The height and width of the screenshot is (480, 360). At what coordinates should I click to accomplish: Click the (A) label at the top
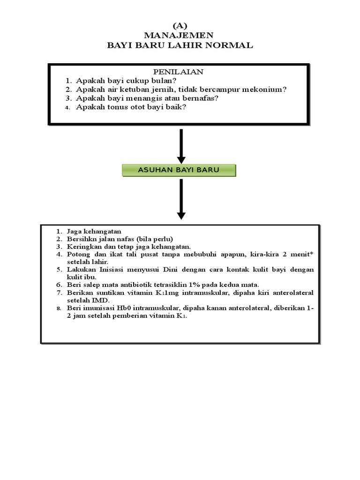tap(180, 26)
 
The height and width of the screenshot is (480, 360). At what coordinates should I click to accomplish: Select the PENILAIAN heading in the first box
tap(179, 72)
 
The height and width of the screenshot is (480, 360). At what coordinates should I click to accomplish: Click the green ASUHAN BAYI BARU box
tap(179, 170)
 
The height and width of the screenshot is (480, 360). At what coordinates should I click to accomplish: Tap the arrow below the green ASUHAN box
tap(181, 199)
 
